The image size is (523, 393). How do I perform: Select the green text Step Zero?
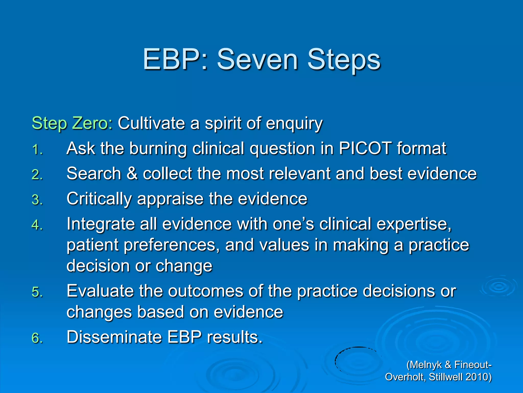[70, 123]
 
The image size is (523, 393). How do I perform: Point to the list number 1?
[37, 150]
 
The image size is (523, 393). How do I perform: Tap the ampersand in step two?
[132, 173]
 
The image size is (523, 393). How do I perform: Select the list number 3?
[37, 200]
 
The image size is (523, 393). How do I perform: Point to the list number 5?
[37, 292]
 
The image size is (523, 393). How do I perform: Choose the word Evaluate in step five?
[100, 291]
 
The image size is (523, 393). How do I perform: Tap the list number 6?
[37, 338]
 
